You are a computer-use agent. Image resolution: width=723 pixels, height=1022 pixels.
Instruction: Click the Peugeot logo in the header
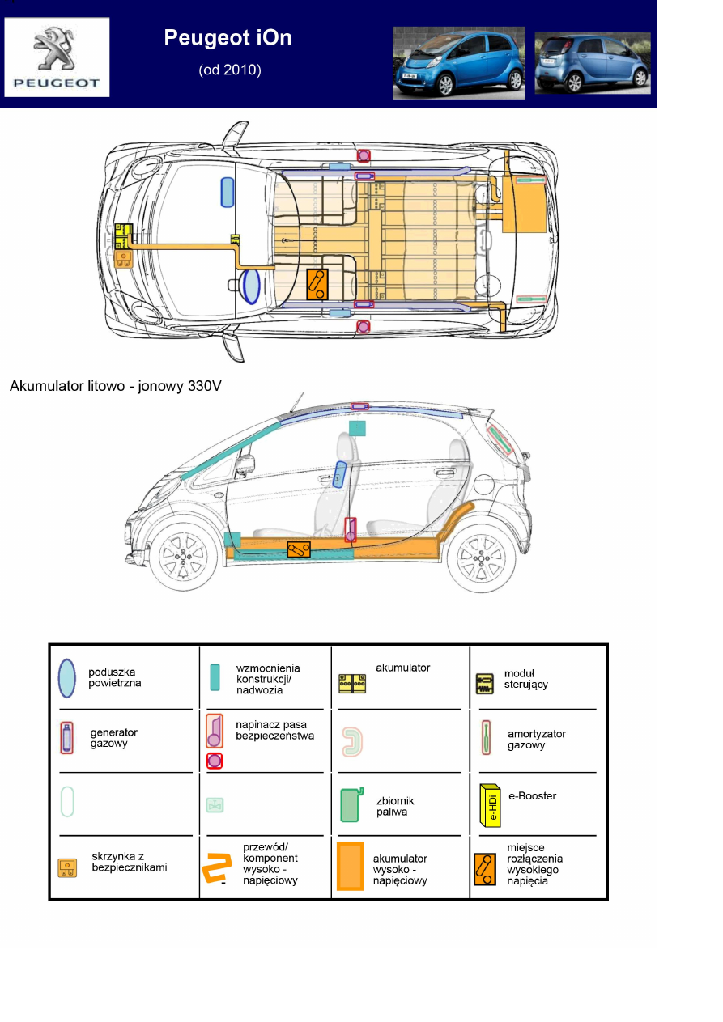[57, 56]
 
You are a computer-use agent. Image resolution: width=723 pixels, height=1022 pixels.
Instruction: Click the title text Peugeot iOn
[228, 37]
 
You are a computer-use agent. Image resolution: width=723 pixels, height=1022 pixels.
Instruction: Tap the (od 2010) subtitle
[230, 70]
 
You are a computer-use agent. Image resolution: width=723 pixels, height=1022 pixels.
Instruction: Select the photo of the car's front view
[458, 62]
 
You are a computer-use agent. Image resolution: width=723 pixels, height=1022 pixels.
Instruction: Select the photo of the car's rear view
[592, 63]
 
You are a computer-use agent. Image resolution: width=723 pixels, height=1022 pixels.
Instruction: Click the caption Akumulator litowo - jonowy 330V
[115, 386]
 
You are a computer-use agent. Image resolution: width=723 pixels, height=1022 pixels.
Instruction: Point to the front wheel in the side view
[184, 558]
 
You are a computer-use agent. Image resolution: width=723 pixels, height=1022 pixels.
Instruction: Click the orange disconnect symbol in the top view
[317, 284]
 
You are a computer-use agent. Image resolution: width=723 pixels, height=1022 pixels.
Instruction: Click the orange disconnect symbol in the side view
[298, 549]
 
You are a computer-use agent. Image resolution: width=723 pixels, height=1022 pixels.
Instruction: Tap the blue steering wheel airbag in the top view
[251, 286]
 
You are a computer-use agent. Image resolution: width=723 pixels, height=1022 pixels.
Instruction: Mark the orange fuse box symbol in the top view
[124, 259]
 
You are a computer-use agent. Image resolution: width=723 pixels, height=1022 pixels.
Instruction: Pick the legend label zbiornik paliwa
[392, 806]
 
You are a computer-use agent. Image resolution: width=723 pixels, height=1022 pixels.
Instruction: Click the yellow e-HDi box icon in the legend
[490, 804]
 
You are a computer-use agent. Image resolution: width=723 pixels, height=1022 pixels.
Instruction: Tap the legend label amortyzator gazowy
[536, 740]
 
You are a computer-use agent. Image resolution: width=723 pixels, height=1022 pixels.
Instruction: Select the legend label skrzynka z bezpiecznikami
[130, 862]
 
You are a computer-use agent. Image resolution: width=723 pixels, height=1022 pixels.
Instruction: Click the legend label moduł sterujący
[525, 678]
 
